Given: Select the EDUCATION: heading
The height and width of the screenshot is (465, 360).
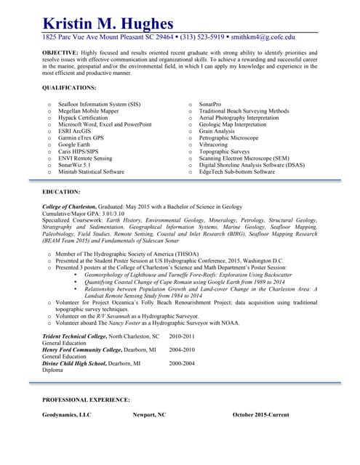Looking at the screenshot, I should [x=61, y=192].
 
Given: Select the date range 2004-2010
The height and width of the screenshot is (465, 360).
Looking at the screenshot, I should [x=182, y=349].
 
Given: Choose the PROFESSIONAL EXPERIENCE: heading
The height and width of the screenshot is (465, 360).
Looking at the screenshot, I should [x=86, y=400].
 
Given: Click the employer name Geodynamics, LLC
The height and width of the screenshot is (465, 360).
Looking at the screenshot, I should [x=67, y=415].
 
